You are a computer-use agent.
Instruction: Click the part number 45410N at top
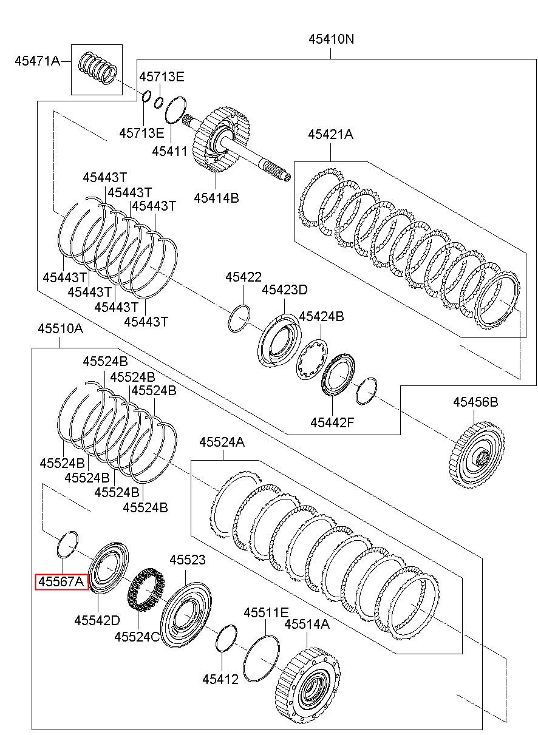pyautogui.click(x=331, y=39)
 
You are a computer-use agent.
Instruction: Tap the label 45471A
pyautogui.click(x=38, y=61)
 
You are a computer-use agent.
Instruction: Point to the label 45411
pyautogui.click(x=169, y=151)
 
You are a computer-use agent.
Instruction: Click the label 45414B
pyautogui.click(x=216, y=198)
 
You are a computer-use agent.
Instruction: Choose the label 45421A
pyautogui.click(x=330, y=135)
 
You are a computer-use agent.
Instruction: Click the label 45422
pyautogui.click(x=243, y=277)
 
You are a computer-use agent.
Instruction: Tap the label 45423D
pyautogui.click(x=285, y=290)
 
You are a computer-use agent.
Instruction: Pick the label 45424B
pyautogui.click(x=321, y=316)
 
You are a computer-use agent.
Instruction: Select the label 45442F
pyautogui.click(x=333, y=423)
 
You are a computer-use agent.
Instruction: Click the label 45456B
pyautogui.click(x=475, y=402)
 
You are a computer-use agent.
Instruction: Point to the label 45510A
pyautogui.click(x=60, y=328)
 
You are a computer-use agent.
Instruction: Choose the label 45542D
pyautogui.click(x=97, y=620)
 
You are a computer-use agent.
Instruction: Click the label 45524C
pyautogui.click(x=137, y=637)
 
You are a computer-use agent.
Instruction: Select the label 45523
pyautogui.click(x=188, y=560)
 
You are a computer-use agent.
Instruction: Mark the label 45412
pyautogui.click(x=220, y=680)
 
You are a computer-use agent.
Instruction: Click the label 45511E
pyautogui.click(x=266, y=612)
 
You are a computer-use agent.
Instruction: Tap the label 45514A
pyautogui.click(x=307, y=624)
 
